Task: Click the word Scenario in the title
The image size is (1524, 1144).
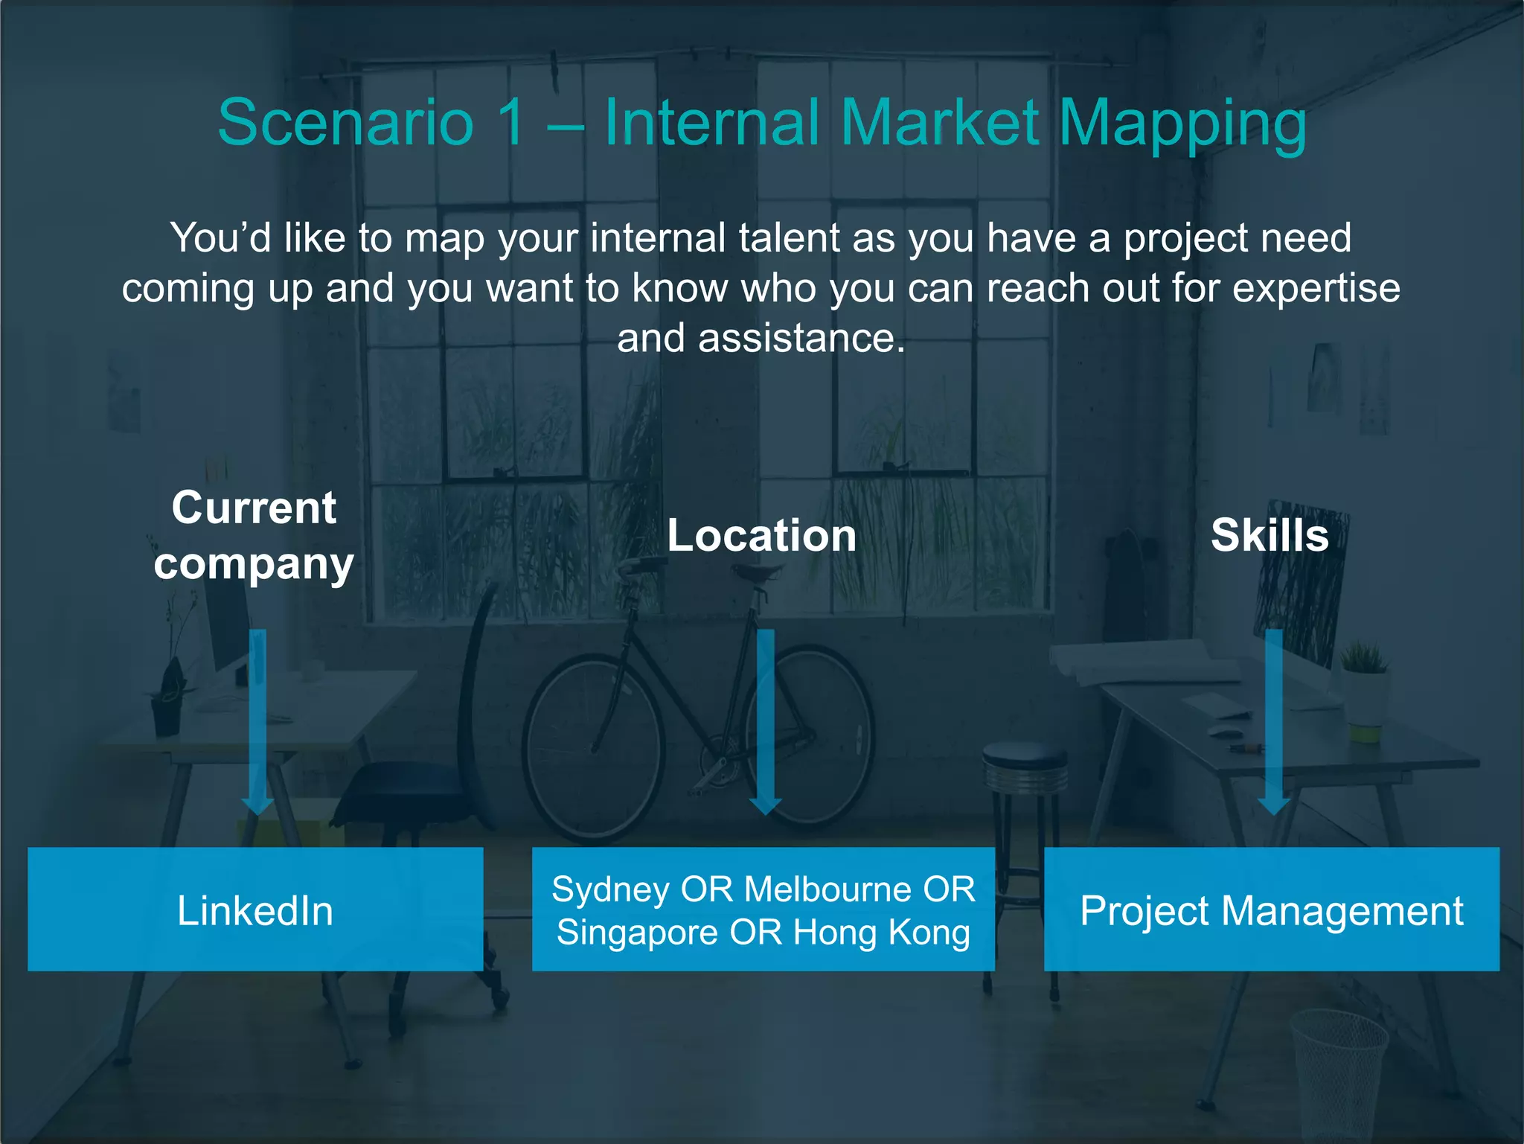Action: click(345, 123)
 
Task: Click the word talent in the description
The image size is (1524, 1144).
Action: click(789, 238)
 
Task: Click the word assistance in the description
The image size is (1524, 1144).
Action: click(801, 339)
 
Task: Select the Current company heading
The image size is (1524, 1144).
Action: click(254, 535)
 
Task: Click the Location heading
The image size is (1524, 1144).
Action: click(761, 535)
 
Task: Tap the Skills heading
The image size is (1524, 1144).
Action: click(1270, 535)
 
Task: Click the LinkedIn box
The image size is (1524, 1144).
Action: click(255, 910)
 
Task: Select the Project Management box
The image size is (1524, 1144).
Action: click(1271, 910)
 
